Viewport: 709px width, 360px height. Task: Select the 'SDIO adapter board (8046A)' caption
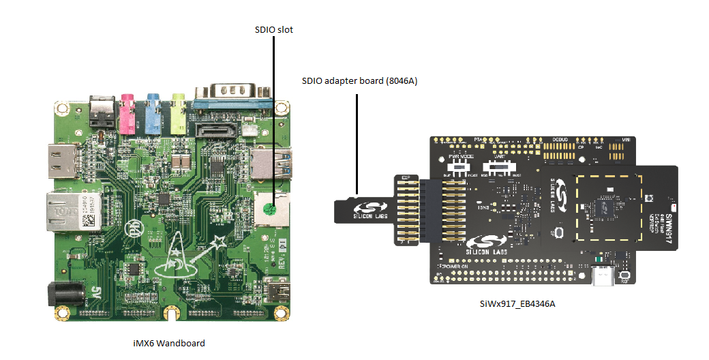pyautogui.click(x=359, y=81)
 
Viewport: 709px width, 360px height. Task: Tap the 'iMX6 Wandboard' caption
pyautogui.click(x=168, y=343)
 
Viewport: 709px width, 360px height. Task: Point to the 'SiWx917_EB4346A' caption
pyautogui.click(x=517, y=303)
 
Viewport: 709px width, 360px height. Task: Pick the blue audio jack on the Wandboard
pyautogui.click(x=153, y=114)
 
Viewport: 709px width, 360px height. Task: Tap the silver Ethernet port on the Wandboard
pyautogui.click(x=73, y=212)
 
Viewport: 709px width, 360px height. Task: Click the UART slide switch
pyautogui.click(x=498, y=166)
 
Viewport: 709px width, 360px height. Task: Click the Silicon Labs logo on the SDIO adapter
pyautogui.click(x=368, y=209)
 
